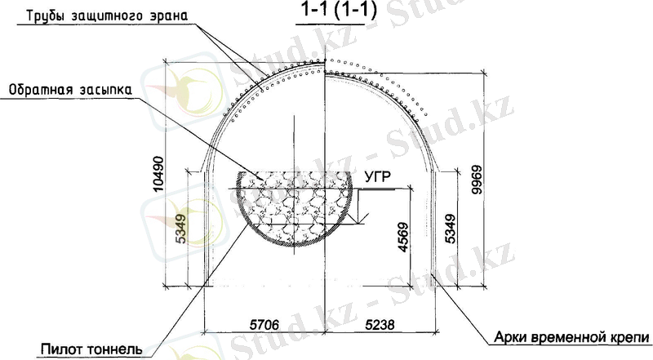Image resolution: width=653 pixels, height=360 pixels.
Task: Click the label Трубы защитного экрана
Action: pos(107,16)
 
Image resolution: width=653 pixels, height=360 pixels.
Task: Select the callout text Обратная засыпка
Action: pos(70,90)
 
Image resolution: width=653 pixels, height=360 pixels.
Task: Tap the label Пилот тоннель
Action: pos(91,349)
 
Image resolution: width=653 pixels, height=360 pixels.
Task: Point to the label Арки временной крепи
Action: pos(571,336)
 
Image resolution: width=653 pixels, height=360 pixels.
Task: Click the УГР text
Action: pos(378,177)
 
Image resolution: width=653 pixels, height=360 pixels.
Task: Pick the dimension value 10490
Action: pos(158,174)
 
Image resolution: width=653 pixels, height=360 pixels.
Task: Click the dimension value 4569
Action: pos(403,238)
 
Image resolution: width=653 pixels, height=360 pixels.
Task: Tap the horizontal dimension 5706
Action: pos(264,324)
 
